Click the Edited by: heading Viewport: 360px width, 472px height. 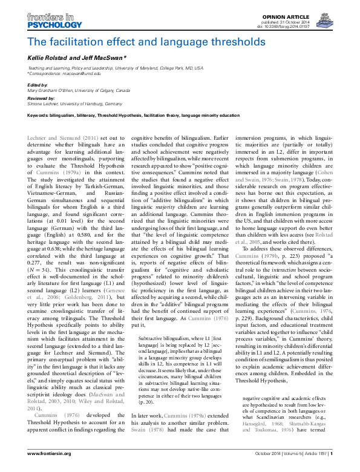(38, 86)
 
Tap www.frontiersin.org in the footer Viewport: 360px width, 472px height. (48, 462)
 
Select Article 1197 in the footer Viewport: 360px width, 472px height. (312, 462)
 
